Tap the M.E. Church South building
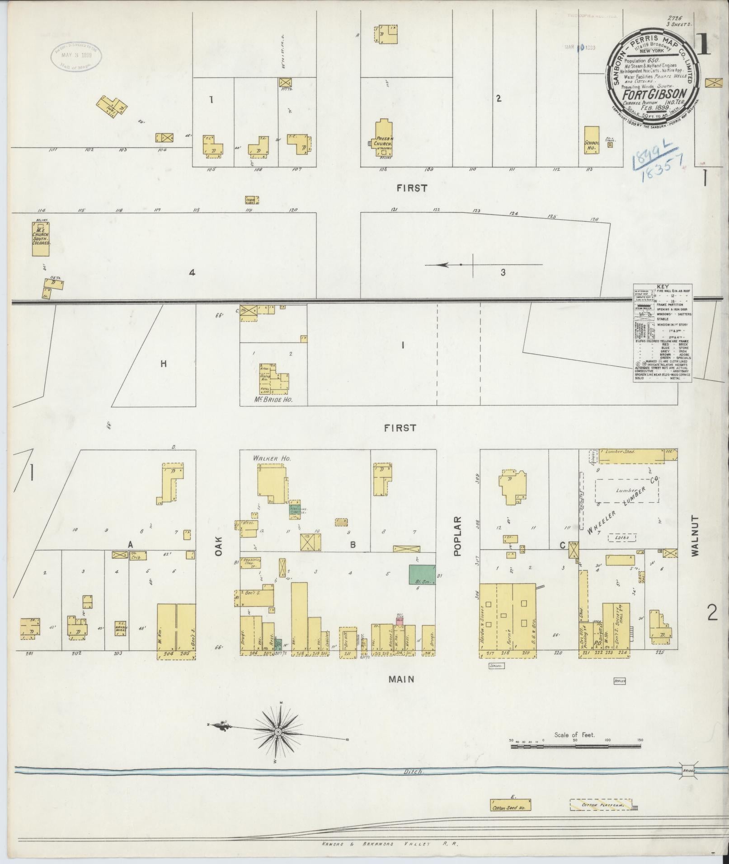(41, 238)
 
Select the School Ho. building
(592, 140)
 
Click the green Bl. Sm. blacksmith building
(422, 575)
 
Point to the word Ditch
(414, 772)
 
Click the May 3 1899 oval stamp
(75, 57)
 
